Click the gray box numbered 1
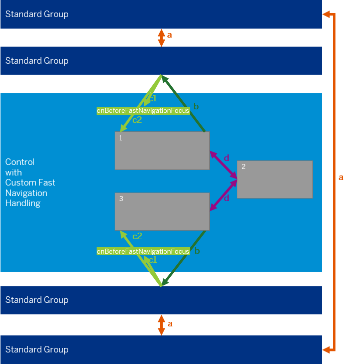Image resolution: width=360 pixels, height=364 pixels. [x=162, y=150]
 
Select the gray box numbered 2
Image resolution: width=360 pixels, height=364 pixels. [x=274, y=179]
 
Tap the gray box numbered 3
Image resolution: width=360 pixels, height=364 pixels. [x=162, y=211]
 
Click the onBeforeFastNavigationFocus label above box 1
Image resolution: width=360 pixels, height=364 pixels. [x=143, y=110]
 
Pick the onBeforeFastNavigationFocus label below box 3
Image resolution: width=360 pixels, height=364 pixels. [x=143, y=251]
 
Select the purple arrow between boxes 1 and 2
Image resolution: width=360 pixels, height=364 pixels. [x=223, y=164]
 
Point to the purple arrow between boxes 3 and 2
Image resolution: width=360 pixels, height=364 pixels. [x=223, y=196]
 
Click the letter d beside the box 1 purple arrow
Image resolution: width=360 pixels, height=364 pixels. [x=226, y=158]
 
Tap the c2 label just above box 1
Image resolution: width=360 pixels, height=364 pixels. [x=137, y=120]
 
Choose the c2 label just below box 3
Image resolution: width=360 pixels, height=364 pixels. [x=137, y=236]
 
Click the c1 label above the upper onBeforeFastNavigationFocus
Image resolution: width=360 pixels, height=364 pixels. [x=153, y=98]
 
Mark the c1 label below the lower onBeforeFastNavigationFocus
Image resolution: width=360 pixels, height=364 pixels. [x=153, y=260]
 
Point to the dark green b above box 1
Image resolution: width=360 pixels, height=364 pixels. [x=196, y=107]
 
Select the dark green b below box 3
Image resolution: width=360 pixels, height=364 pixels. [x=197, y=251]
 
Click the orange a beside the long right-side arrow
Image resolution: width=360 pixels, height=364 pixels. [x=341, y=177]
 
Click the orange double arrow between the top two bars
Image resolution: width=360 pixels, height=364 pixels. [x=161, y=37]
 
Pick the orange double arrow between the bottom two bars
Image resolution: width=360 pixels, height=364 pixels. [x=161, y=324]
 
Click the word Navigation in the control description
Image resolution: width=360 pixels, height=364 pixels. [x=26, y=193]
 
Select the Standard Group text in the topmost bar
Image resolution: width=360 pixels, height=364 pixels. [x=37, y=14]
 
